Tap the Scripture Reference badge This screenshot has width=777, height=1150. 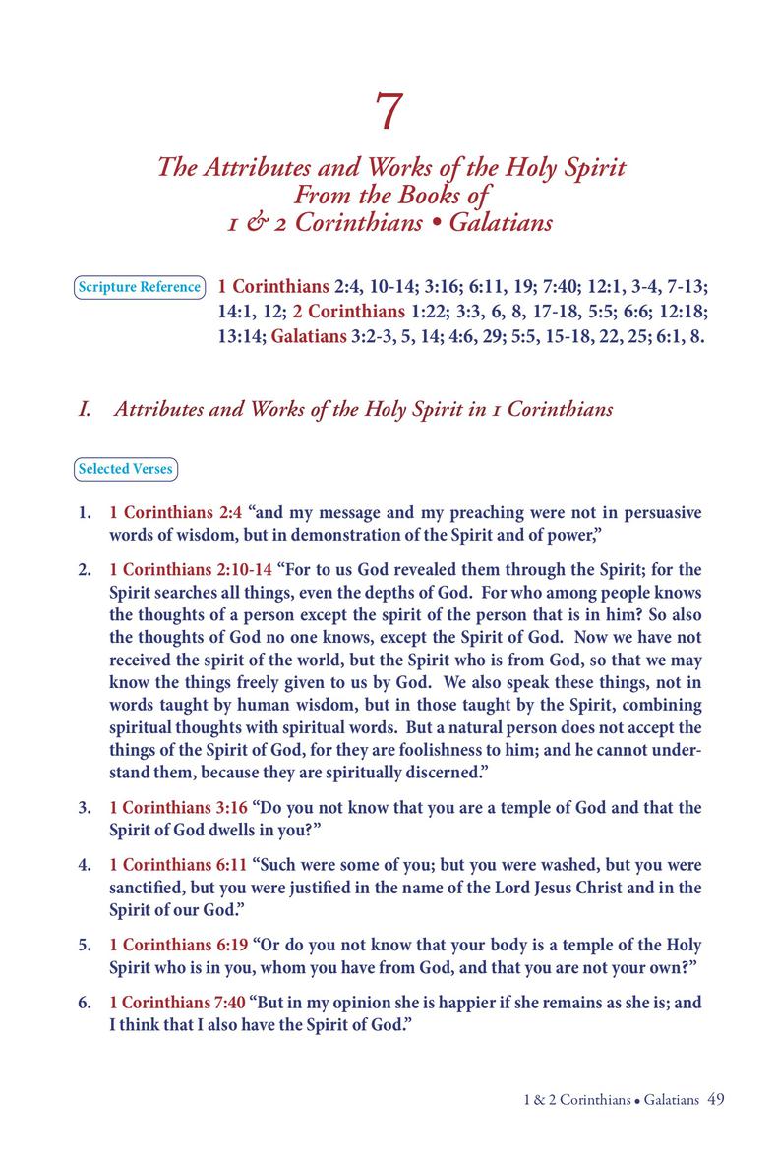pos(139,287)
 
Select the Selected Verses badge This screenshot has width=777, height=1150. pos(125,469)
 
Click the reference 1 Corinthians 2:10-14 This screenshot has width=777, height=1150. pos(191,569)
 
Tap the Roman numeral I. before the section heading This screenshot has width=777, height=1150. pos(86,409)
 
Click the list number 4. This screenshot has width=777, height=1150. pos(85,865)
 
